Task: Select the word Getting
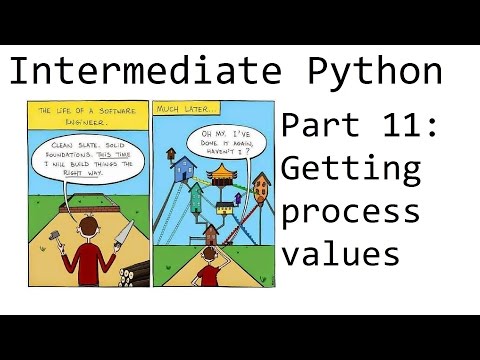click(350, 170)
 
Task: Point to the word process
click(350, 212)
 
